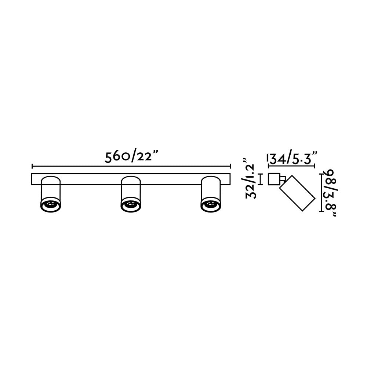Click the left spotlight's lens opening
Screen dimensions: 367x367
point(51,204)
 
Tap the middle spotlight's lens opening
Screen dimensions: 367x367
point(131,204)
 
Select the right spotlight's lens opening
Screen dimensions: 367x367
point(211,204)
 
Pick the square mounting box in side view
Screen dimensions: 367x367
point(274,179)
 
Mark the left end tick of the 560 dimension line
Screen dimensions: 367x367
point(32,166)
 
